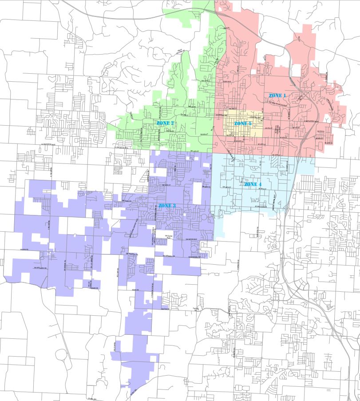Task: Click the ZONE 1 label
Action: [277, 96]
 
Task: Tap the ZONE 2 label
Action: [165, 123]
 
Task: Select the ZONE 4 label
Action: [253, 184]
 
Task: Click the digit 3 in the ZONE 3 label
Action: [174, 206]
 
